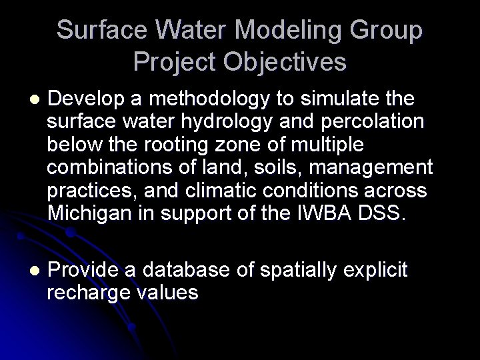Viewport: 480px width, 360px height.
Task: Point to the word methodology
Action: [x=201, y=100]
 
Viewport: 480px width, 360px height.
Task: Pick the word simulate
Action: [x=335, y=100]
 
